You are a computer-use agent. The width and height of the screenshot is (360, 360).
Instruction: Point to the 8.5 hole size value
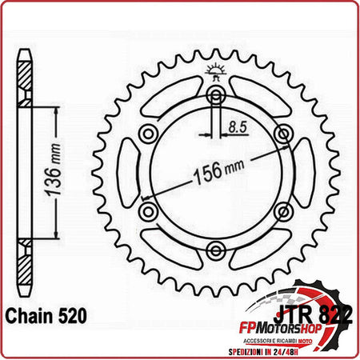click(236, 126)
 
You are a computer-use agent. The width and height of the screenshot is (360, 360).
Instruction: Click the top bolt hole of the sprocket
click(214, 97)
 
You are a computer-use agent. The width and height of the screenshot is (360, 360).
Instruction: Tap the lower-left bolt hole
click(147, 211)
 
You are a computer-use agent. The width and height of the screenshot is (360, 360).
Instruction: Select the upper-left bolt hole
click(147, 134)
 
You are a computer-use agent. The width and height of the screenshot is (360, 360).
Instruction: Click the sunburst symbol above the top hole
click(214, 70)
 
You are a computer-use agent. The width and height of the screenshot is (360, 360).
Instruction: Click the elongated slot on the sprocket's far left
click(128, 173)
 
